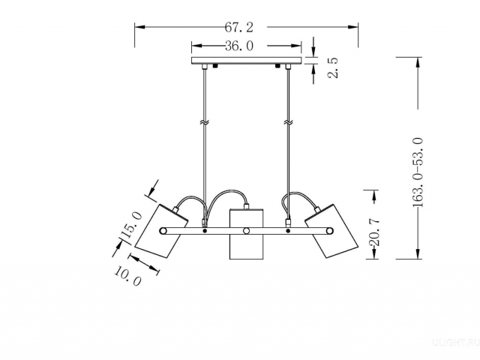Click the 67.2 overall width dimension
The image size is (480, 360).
coord(239,28)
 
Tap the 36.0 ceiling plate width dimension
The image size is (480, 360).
coord(239,46)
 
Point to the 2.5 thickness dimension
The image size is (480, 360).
coord(333,68)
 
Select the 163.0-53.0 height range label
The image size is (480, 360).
coord(418,172)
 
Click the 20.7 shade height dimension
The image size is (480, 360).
coord(374,232)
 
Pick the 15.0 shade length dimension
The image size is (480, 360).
coord(132,225)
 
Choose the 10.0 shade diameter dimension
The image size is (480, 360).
coord(128,276)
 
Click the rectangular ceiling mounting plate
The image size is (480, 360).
coord(247,61)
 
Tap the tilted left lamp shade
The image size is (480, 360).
coord(161,231)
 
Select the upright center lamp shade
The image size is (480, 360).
coord(246,234)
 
